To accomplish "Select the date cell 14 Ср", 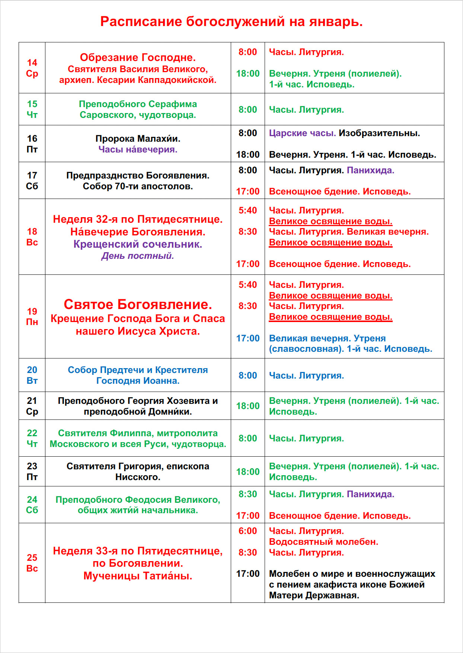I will tap(32, 68).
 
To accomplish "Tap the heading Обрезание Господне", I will tap(138, 57).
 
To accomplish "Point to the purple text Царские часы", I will tap(302, 133).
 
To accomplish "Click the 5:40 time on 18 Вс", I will tap(248, 210).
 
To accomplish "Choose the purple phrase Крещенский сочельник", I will tap(138, 244).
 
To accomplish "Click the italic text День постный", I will tap(138, 256).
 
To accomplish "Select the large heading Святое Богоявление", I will tap(138, 304).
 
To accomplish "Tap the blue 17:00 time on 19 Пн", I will tap(248, 338).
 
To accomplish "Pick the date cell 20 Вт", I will tap(32, 375).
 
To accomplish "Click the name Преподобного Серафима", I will tap(138, 104).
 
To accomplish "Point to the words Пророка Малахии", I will tap(138, 139).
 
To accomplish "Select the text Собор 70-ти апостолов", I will tap(138, 186).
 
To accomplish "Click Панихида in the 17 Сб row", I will tap(370, 170).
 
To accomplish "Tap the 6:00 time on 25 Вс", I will tap(248, 531).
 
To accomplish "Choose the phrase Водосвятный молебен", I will tap(323, 542).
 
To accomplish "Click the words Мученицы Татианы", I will tap(138, 576).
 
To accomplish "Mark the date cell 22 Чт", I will tap(32, 438).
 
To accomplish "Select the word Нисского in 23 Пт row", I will tap(138, 477).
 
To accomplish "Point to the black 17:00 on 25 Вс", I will tap(248, 574).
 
